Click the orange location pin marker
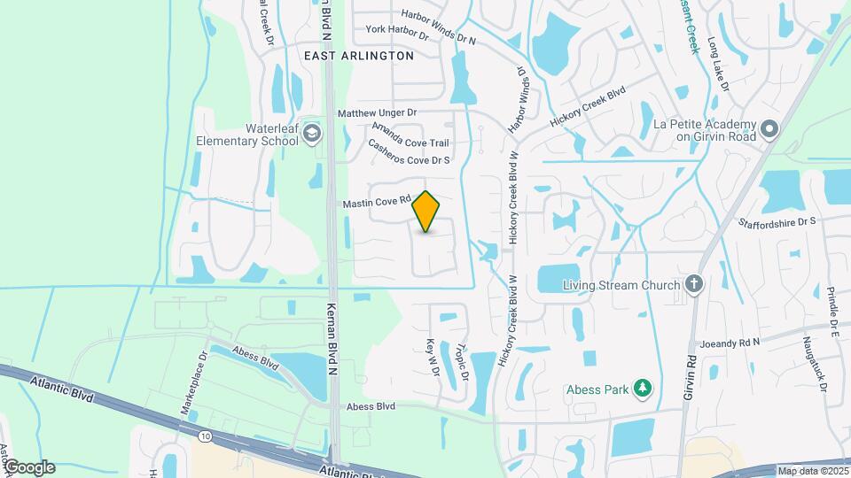(426, 212)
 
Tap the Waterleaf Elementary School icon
(311, 134)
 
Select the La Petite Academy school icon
(769, 130)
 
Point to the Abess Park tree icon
(644, 388)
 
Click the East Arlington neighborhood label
(359, 55)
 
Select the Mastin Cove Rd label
(379, 204)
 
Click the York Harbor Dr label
(397, 32)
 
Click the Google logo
(28, 467)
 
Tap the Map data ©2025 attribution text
(813, 471)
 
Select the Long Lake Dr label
(718, 64)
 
